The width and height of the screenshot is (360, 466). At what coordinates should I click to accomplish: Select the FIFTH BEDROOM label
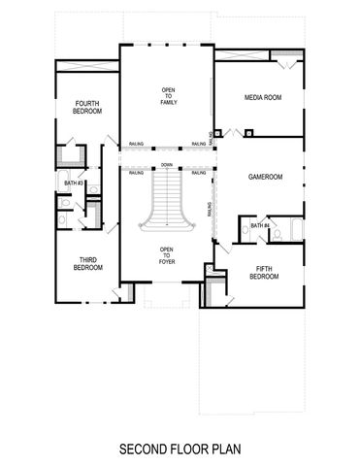click(x=263, y=273)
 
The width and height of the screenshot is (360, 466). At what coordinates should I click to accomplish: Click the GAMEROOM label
click(x=264, y=178)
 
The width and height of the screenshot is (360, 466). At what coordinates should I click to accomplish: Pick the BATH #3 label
click(x=74, y=183)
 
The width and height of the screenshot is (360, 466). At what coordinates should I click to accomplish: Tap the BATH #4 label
click(x=258, y=225)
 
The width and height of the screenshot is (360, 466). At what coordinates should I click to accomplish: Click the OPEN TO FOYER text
click(x=167, y=253)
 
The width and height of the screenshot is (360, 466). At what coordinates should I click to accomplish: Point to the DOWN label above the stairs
click(x=167, y=165)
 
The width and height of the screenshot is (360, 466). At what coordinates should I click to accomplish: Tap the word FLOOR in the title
click(x=189, y=449)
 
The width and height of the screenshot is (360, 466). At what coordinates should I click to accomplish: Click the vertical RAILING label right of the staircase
click(x=210, y=209)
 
